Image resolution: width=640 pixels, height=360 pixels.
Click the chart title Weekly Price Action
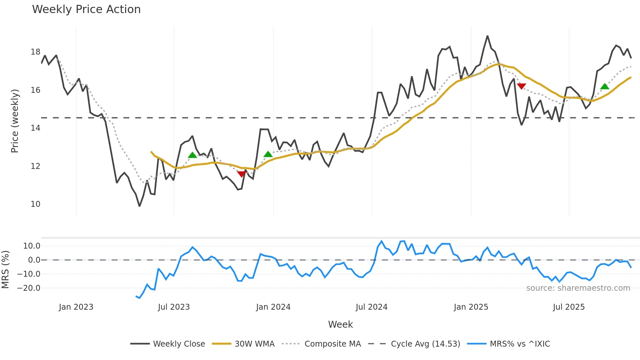(86, 9)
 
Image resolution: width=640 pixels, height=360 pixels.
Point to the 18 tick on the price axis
(36, 52)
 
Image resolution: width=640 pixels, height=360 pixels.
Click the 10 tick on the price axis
(36, 204)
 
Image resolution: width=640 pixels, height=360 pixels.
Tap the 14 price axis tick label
(36, 128)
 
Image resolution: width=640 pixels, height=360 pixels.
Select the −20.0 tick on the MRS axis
(29, 288)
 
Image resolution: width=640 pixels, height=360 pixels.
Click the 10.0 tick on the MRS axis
(32, 246)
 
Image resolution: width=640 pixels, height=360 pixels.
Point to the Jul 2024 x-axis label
(372, 307)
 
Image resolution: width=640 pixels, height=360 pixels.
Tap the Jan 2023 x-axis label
(76, 307)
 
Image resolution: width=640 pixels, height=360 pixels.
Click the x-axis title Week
(340, 324)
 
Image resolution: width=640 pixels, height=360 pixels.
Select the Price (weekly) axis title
(15, 121)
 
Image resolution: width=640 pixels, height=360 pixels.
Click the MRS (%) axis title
(5, 270)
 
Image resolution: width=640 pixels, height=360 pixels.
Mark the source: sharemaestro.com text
(578, 288)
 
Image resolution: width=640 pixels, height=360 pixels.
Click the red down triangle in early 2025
(521, 86)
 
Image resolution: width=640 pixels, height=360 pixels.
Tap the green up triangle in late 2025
(605, 86)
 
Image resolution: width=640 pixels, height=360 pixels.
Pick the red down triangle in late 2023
(241, 174)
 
